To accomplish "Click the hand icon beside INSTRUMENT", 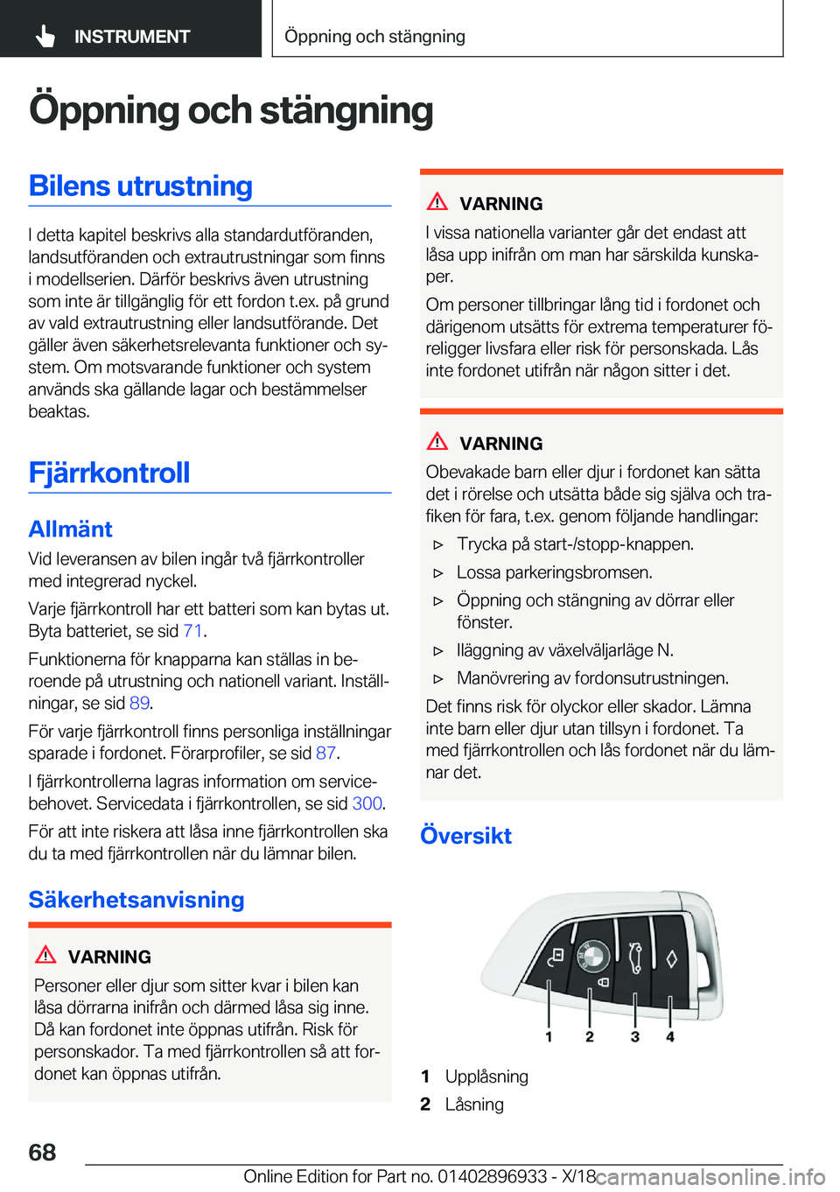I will [x=45, y=36].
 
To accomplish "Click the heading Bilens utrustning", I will [x=140, y=186].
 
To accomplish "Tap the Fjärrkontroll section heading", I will [x=109, y=473].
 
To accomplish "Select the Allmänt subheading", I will [x=70, y=529].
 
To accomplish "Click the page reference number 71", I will [x=192, y=631].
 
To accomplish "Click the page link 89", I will [x=139, y=703].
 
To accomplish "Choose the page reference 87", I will [x=325, y=753].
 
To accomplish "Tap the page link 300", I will [x=367, y=803].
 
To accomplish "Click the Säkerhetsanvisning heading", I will [x=136, y=900].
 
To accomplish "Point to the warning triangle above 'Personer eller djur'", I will [x=45, y=955].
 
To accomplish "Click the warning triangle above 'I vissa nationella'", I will [x=437, y=201].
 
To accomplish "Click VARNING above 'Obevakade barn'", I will [x=500, y=444].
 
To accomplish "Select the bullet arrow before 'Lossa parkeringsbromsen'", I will [x=438, y=573].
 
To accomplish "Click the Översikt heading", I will [x=465, y=836].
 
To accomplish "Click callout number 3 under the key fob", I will [x=635, y=1037].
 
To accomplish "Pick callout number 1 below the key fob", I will [x=549, y=1037].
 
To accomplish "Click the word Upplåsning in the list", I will [x=486, y=1076].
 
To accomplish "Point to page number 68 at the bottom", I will [x=42, y=1153].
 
